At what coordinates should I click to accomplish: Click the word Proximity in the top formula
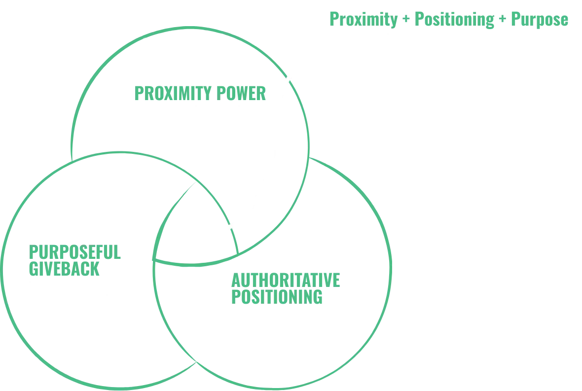pos(363,20)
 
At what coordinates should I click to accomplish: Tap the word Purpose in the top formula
pos(539,20)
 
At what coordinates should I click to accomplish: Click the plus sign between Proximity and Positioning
pos(405,20)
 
